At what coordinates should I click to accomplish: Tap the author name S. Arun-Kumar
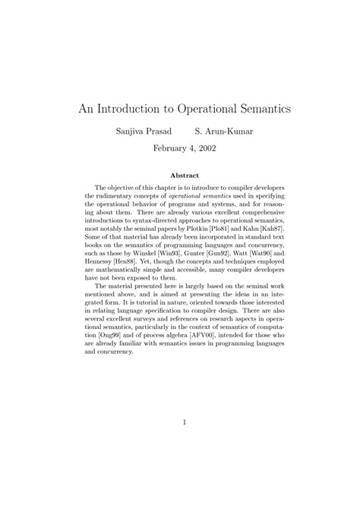[x=224, y=131]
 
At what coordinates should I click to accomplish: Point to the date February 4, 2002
[x=180, y=150]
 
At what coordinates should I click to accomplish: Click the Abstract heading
[x=180, y=174]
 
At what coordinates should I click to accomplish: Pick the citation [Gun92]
[x=219, y=252]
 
